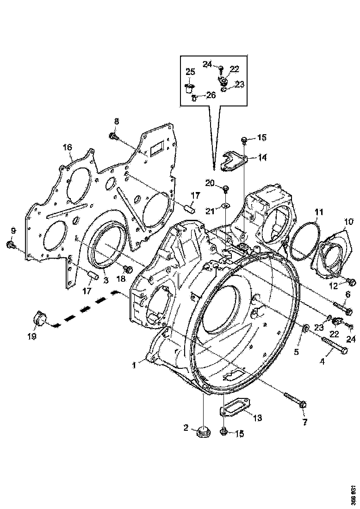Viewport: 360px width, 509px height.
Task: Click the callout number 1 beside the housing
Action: pos(134,365)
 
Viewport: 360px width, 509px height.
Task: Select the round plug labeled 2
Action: pos(202,432)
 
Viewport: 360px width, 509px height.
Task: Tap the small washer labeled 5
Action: pos(305,329)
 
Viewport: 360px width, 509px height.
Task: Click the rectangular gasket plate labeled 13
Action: pos(236,410)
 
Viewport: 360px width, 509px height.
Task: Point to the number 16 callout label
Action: pos(68,147)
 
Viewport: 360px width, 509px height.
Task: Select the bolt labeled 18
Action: pos(129,269)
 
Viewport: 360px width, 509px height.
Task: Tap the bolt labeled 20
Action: pos(226,188)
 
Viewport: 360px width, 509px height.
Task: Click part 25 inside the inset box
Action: pos(189,87)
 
